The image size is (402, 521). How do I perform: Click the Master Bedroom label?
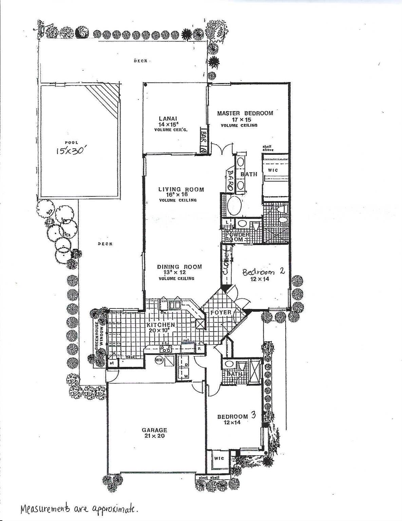[245, 113]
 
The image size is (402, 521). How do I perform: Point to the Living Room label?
[181, 189]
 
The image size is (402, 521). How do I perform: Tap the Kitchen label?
[161, 325]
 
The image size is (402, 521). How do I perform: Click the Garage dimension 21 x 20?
[154, 436]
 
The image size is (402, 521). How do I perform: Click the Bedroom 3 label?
[236, 416]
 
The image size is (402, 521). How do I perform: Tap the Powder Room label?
[235, 237]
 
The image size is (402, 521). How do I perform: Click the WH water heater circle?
[159, 360]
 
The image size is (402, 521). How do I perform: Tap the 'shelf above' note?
[267, 148]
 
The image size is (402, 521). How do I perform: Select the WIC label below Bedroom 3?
[219, 458]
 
